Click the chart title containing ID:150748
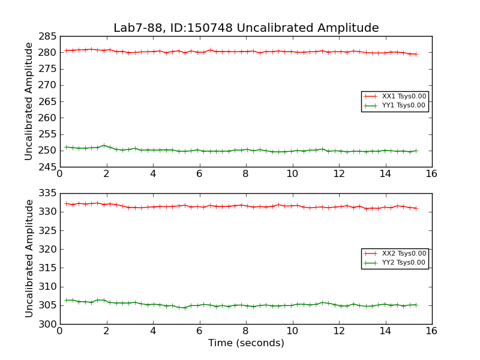(x=246, y=28)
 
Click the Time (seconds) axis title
(x=246, y=343)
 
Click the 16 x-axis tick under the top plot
(x=431, y=173)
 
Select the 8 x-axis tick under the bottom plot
(x=246, y=331)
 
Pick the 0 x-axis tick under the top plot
(x=60, y=173)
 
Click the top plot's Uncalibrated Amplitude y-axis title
(x=29, y=101)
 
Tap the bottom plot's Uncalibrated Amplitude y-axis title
(x=29, y=259)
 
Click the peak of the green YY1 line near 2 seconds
(x=104, y=145)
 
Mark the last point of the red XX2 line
(x=416, y=208)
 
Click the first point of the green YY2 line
(x=66, y=300)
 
